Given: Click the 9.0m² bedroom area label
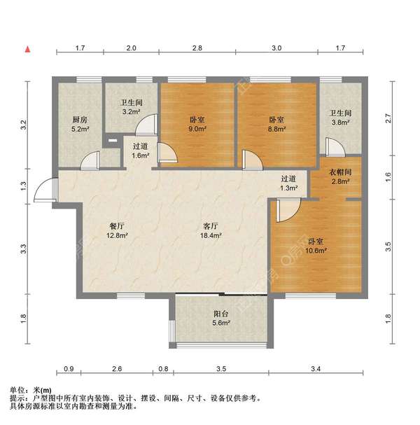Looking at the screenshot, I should [x=197, y=129].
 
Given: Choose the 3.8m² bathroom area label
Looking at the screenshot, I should [x=340, y=123].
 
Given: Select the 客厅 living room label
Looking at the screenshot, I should [x=211, y=226].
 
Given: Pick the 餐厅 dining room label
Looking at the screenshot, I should [x=116, y=226].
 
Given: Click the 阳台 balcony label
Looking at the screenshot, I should [x=221, y=314].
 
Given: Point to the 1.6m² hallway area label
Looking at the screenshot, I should [x=140, y=156].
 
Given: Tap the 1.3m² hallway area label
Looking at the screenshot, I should [x=289, y=188].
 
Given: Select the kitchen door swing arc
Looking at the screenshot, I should [x=91, y=160].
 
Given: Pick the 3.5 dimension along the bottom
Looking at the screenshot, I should [x=221, y=368].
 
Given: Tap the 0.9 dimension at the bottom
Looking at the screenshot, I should [x=69, y=368].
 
